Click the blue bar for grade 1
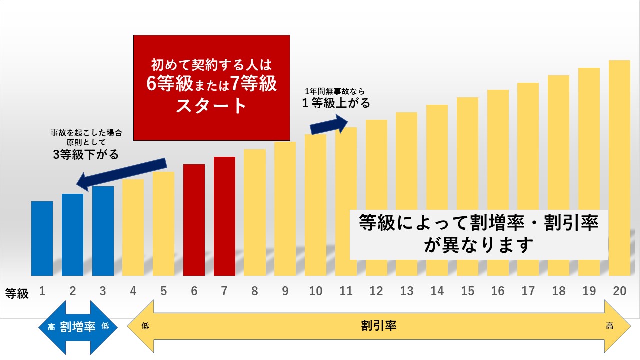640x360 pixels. [x=42, y=238]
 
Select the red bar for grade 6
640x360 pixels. [x=194, y=220]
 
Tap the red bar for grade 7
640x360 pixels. [x=224, y=216]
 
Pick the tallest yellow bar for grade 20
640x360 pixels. [x=620, y=150]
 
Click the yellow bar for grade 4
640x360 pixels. [x=133, y=227]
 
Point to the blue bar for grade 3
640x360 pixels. [x=103, y=231]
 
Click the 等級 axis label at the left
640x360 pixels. [x=17, y=293]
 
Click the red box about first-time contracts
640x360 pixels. [x=212, y=87]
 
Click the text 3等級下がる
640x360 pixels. [x=86, y=155]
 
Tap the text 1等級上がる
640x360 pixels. [x=336, y=104]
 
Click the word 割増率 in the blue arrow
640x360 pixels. [x=78, y=327]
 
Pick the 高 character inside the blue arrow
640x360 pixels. [x=51, y=328]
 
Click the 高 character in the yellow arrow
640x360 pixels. [x=610, y=326]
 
